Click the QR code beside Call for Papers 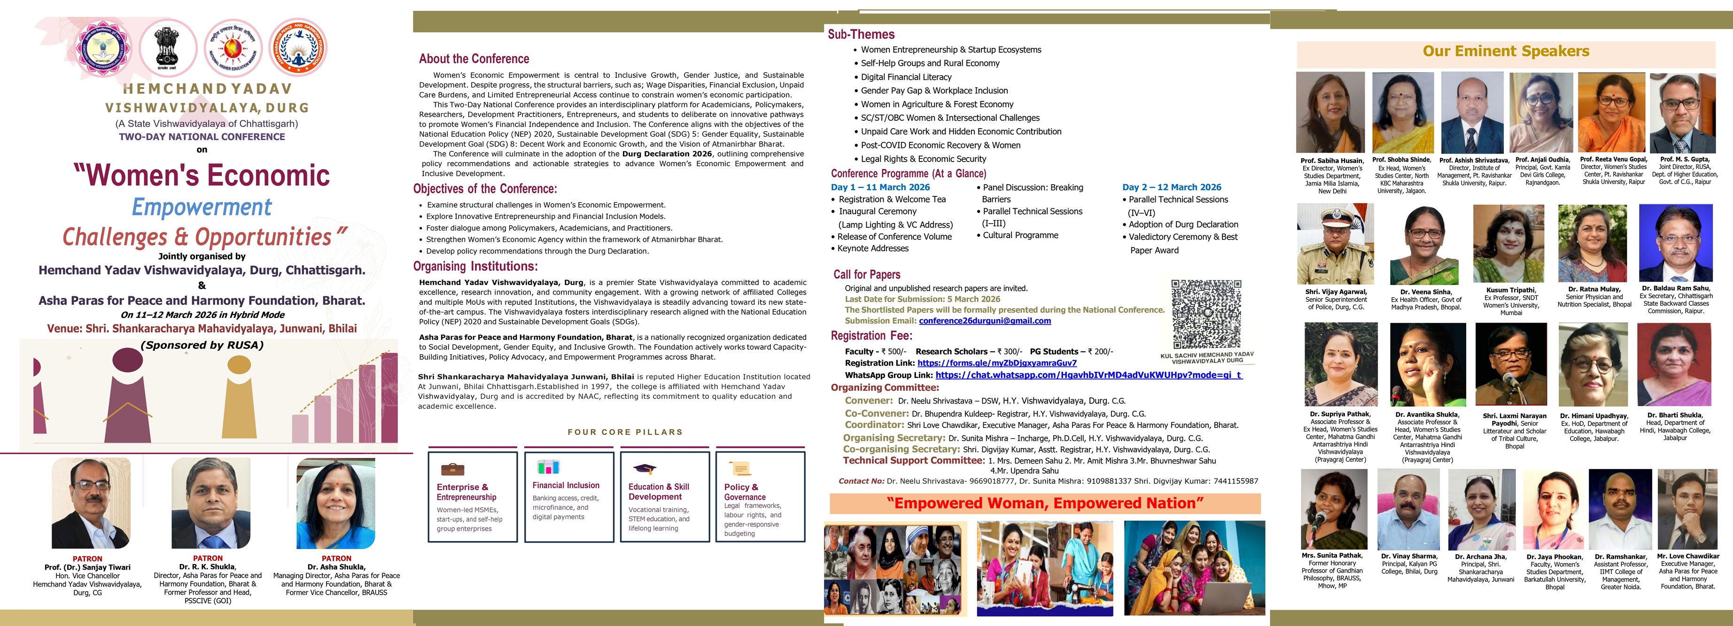point(1206,314)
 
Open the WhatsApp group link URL point(1088,375)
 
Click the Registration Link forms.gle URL point(996,363)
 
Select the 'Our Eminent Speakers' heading point(1506,51)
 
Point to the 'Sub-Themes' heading point(861,34)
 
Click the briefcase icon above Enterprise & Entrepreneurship point(452,469)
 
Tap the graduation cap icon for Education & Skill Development point(645,469)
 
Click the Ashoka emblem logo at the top point(167,47)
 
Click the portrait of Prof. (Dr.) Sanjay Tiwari point(91,503)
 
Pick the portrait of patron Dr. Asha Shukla point(336,503)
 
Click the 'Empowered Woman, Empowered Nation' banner point(1044,503)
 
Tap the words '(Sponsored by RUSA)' point(202,346)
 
